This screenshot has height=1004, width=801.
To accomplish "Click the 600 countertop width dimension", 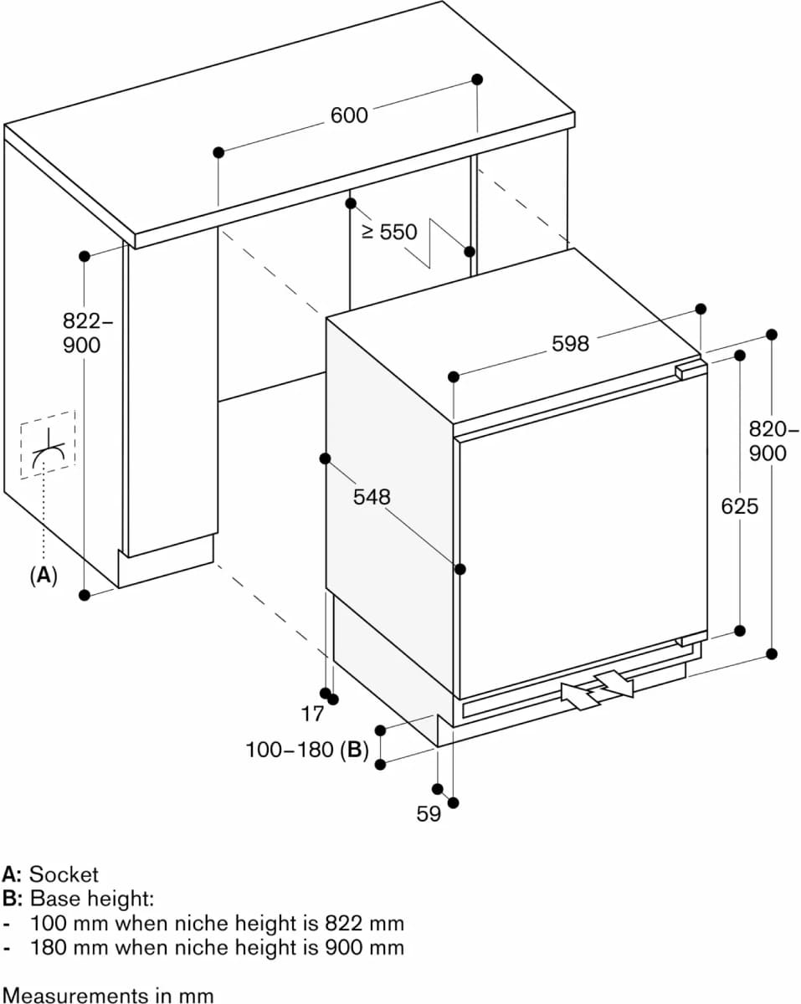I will coord(349,115).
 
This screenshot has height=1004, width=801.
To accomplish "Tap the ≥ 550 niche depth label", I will coord(389,232).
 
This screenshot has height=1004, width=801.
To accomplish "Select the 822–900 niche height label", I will coord(82,333).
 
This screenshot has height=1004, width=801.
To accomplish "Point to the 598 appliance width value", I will coord(570,343).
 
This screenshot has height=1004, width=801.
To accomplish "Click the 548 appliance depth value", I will coord(372,497).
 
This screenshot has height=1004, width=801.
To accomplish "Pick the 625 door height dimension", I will coord(739,506).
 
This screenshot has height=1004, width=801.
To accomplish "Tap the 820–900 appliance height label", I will coord(768,441).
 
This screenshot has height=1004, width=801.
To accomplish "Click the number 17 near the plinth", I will coord(311,714).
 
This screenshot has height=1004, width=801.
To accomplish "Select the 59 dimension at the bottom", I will coord(429,813).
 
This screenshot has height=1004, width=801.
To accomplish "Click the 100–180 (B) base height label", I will coord(307,750).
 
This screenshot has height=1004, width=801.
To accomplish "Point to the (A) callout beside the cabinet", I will coord(43,575).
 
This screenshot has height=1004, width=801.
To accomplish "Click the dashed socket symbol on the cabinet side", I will coord(49,445).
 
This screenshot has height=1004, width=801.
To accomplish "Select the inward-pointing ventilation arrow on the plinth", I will coord(580,695).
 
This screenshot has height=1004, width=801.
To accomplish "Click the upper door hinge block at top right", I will coord(691,369).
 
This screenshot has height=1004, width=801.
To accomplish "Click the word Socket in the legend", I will coord(64,874).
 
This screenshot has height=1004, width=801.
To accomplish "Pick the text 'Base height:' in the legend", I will coord(92,899).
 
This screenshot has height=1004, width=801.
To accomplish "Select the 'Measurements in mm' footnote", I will coord(107,995).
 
